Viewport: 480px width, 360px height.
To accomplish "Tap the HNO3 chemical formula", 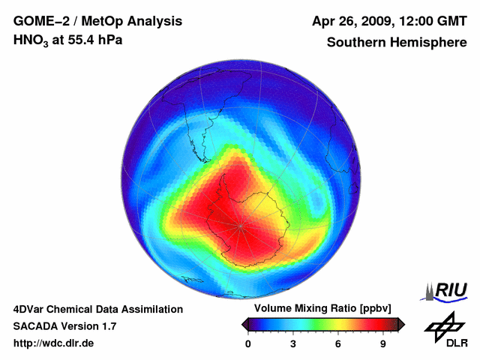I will coord(32,40).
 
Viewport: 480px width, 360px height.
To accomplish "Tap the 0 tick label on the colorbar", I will coord(248,344).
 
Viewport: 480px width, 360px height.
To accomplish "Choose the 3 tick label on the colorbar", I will coord(293,344).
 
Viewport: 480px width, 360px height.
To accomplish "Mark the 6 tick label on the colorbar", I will coord(338,344).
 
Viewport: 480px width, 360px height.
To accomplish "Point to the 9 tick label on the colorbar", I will coord(382,344).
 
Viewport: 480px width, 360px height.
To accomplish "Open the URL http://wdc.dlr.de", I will coord(54,343).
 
